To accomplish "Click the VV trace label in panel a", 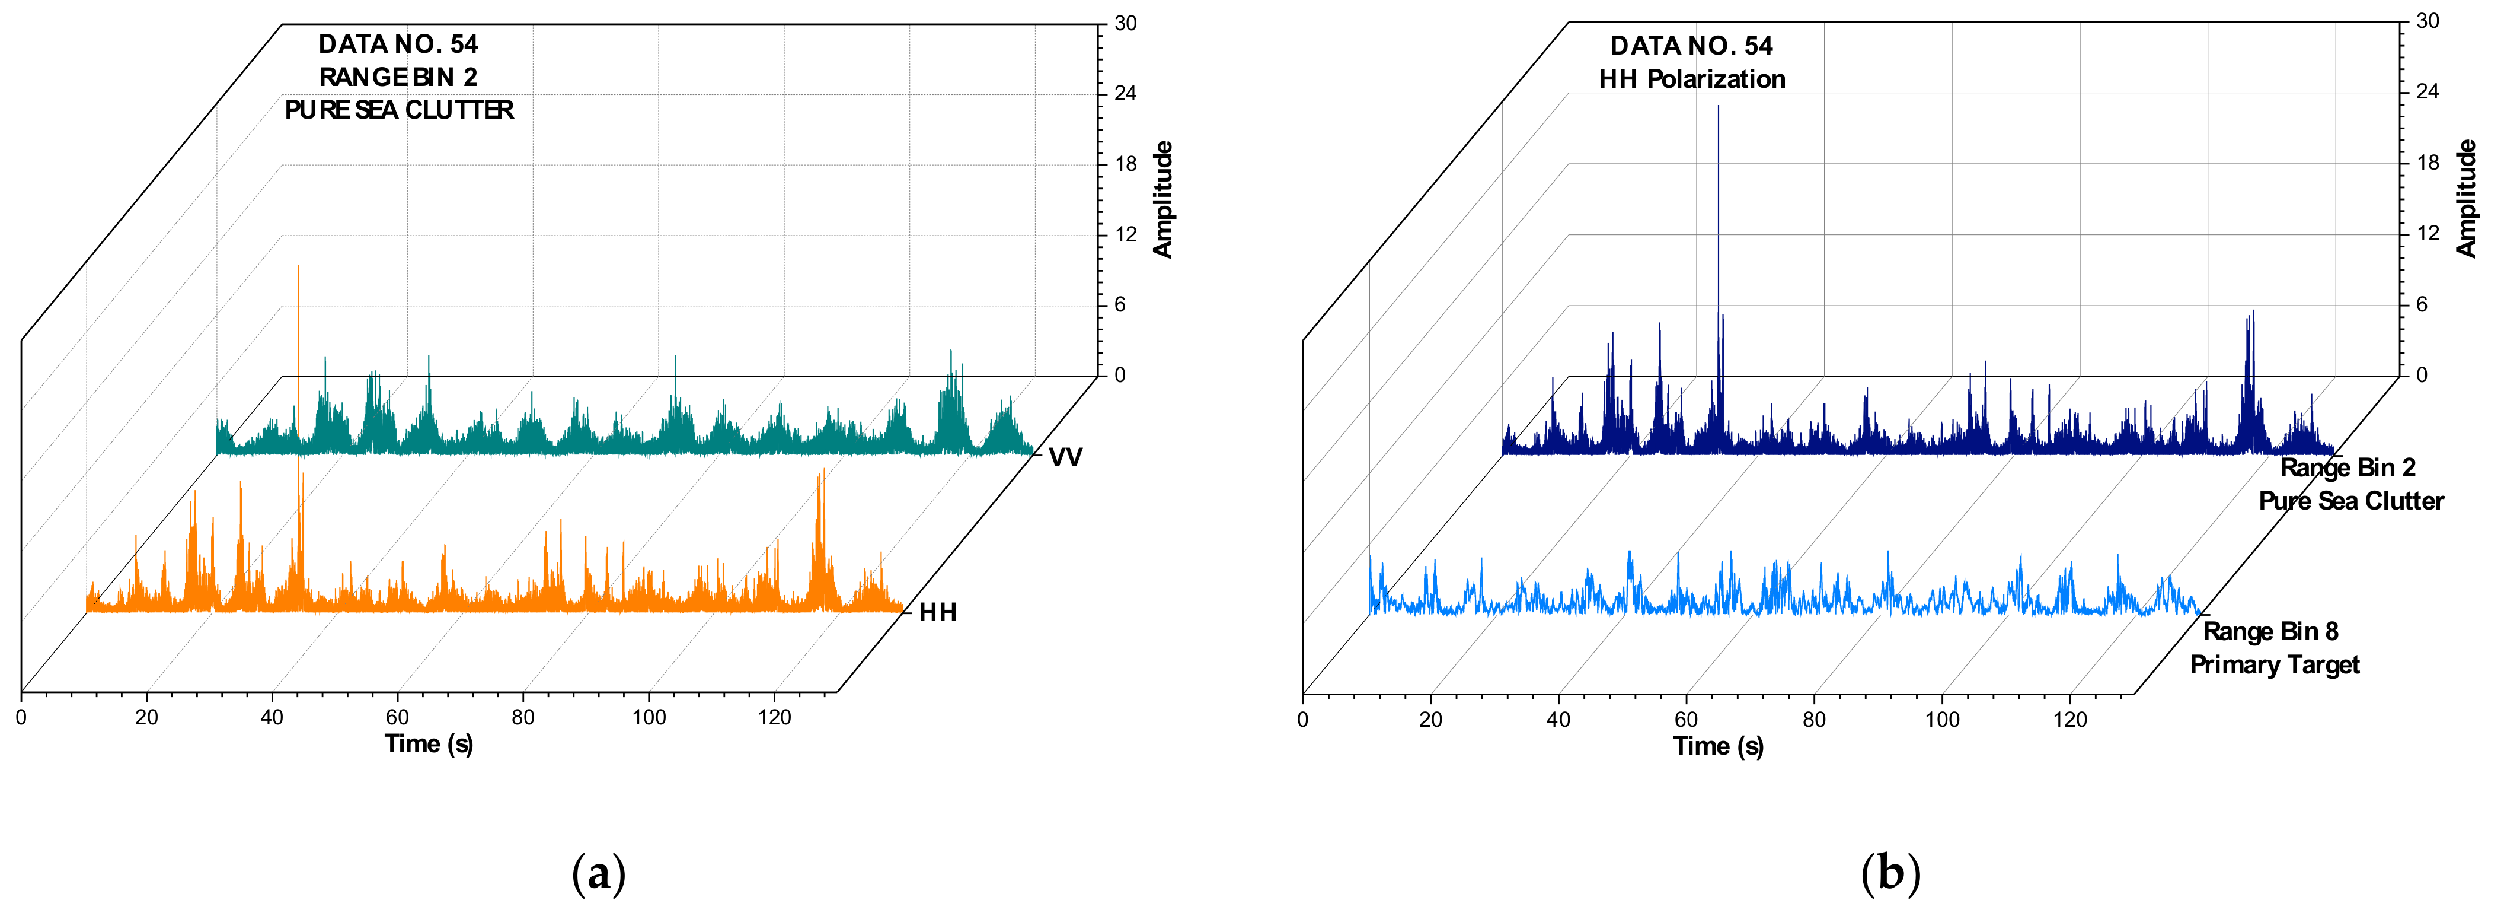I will [1065, 457].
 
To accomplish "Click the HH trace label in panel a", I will [937, 613].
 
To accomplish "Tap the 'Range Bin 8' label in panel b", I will [2270, 632].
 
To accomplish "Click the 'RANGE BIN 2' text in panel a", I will [398, 77].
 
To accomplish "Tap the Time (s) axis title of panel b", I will [1717, 747].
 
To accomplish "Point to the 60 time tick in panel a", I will [397, 718].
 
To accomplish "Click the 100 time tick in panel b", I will [1941, 720].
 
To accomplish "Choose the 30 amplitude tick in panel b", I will [2427, 21].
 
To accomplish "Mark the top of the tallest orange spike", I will [298, 265].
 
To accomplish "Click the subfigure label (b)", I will [1890, 873].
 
